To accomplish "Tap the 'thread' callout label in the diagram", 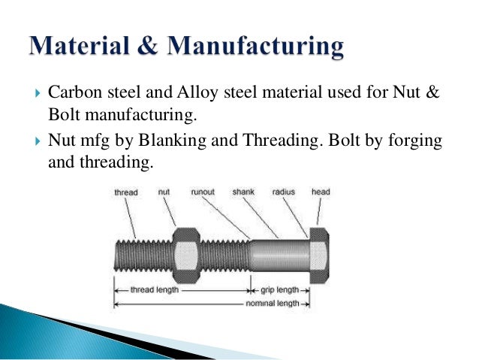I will [x=125, y=192].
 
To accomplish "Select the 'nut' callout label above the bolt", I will [x=164, y=192].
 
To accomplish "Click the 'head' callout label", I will [x=321, y=192].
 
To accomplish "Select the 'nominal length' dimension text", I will [x=273, y=304].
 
